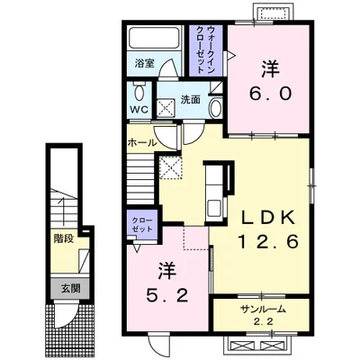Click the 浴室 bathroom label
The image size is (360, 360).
pyautogui.click(x=144, y=64)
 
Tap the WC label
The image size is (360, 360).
pyautogui.click(x=139, y=110)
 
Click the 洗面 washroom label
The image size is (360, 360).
pyautogui.click(x=190, y=100)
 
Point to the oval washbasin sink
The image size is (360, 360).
pyautogui.click(x=216, y=109)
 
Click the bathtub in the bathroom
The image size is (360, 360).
pyautogui.click(x=155, y=38)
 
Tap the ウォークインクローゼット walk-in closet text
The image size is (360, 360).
pyautogui.click(x=206, y=49)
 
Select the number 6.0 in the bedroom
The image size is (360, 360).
pyautogui.click(x=270, y=94)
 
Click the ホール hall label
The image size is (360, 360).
pyautogui.click(x=142, y=143)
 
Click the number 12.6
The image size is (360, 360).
pyautogui.click(x=268, y=241)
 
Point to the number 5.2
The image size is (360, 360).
pyautogui.click(x=167, y=296)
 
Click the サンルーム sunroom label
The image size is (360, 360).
pyautogui.click(x=262, y=310)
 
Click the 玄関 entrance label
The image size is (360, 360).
pyautogui.click(x=70, y=289)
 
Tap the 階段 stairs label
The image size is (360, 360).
pyautogui.click(x=64, y=239)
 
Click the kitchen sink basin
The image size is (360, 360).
pyautogui.click(x=215, y=207)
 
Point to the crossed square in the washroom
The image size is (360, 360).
pyautogui.click(x=166, y=107)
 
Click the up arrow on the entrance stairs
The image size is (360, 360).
pyautogui.click(x=63, y=211)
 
